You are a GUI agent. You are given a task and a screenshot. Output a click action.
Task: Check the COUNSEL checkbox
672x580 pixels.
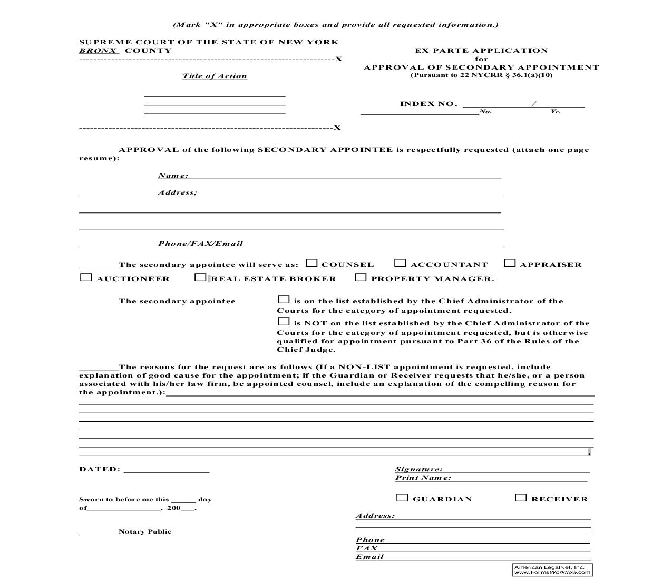(312, 263)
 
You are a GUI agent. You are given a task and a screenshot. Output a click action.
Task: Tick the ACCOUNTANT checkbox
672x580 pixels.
(401, 263)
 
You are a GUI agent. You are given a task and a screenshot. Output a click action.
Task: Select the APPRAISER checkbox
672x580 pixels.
(510, 263)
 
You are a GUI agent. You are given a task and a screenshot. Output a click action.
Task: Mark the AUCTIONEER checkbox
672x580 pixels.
(86, 277)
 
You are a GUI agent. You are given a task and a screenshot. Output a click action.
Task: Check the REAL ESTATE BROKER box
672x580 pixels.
(200, 277)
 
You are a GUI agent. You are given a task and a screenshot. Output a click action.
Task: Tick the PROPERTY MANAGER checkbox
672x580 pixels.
(361, 277)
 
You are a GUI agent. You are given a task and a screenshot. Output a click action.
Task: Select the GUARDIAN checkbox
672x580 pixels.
(402, 498)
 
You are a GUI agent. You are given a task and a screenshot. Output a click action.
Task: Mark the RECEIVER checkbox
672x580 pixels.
(521, 498)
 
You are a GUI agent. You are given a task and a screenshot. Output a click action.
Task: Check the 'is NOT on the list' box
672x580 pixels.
(284, 322)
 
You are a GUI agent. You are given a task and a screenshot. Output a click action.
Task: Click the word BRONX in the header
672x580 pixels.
(98, 51)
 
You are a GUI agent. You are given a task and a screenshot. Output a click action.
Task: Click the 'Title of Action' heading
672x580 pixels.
(215, 76)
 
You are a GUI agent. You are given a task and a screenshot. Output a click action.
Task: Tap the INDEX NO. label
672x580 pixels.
(428, 104)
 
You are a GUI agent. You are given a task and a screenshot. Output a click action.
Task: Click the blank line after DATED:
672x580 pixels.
(167, 470)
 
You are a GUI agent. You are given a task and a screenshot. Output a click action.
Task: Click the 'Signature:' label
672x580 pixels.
(419, 469)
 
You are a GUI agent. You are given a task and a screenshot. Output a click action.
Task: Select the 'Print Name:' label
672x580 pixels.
(423, 478)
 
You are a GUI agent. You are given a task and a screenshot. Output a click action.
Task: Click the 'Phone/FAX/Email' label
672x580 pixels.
(200, 244)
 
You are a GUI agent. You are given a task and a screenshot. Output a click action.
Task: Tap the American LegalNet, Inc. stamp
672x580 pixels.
(552, 569)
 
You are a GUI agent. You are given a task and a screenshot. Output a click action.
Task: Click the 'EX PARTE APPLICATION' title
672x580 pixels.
(481, 51)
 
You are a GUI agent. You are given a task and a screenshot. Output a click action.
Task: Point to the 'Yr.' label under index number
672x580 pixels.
(556, 112)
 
